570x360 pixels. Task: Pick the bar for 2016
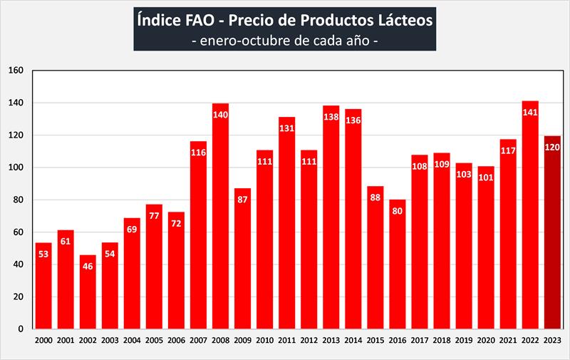coord(397,264)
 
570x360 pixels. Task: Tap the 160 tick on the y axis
coord(16,71)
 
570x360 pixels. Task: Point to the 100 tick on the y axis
coord(16,168)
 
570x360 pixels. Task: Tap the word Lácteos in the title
coord(401,21)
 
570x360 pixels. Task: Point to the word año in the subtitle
coord(354,41)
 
